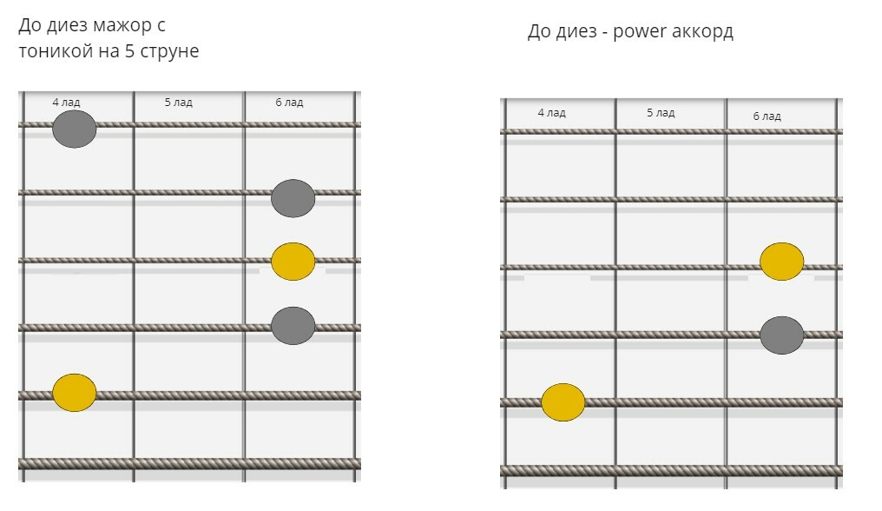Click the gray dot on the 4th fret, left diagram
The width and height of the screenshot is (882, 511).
pyautogui.click(x=74, y=129)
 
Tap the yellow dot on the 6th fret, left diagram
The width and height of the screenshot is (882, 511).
pyautogui.click(x=293, y=262)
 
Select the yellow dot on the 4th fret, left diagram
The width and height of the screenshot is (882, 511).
pyautogui.click(x=74, y=392)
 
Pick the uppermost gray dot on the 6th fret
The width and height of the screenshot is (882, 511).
pyautogui.click(x=293, y=198)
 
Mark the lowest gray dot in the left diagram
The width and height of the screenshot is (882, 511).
pyautogui.click(x=293, y=326)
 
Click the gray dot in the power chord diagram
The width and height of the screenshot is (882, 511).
pyautogui.click(x=781, y=335)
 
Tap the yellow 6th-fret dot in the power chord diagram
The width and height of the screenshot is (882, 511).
pyautogui.click(x=781, y=262)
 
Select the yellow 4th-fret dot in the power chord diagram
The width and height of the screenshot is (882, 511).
pyautogui.click(x=563, y=401)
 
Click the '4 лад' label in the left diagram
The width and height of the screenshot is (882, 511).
pyautogui.click(x=66, y=103)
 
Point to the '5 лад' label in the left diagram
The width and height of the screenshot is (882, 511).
pyautogui.click(x=178, y=103)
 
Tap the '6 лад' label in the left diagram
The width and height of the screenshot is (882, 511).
pyautogui.click(x=289, y=103)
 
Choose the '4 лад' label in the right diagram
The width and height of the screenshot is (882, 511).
pyautogui.click(x=551, y=113)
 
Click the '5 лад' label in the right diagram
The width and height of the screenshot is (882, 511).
pyautogui.click(x=661, y=113)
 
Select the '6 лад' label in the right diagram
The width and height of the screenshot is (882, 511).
pyautogui.click(x=767, y=116)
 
